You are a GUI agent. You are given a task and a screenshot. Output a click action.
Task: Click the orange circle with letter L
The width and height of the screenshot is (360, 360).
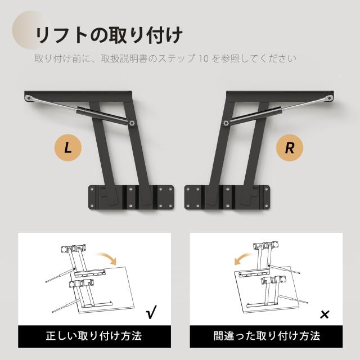(68, 147)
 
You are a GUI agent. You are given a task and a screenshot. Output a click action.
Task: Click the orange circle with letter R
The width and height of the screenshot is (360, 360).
(290, 147)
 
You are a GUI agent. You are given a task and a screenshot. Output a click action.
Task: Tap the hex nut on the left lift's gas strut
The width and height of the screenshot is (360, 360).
(132, 123)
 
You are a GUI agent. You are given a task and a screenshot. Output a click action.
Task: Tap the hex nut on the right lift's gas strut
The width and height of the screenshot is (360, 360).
(226, 123)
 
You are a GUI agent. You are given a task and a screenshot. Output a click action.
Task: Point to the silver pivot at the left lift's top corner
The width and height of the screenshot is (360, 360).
(29, 98)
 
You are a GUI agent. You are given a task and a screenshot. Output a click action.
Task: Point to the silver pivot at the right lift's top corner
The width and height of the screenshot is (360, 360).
(330, 98)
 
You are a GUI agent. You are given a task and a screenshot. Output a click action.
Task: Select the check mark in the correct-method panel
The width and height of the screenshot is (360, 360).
(151, 312)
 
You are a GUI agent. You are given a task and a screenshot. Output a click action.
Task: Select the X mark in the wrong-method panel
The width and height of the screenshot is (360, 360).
(325, 314)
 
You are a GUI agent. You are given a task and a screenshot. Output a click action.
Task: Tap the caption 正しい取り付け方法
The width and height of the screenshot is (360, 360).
(94, 336)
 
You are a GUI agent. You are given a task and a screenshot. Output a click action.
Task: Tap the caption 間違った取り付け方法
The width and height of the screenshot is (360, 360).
(267, 336)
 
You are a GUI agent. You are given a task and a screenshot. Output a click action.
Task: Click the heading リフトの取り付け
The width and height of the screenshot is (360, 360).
(109, 35)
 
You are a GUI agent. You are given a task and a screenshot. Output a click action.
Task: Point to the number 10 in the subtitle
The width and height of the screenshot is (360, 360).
(204, 58)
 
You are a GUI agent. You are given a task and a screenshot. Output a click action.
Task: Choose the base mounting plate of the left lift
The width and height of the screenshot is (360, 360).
(131, 197)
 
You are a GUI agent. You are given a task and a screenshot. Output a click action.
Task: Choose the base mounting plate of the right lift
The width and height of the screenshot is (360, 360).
(227, 197)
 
